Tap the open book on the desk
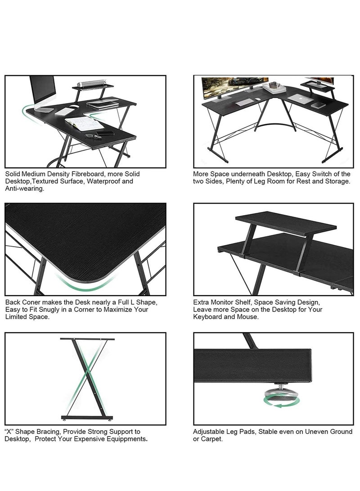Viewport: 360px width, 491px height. pyautogui.click(x=84, y=123)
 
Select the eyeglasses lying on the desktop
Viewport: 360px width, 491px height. pyautogui.click(x=93, y=136)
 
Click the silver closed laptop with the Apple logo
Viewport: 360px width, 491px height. pyautogui.click(x=297, y=98)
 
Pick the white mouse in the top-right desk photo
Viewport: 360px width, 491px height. pyautogui.click(x=257, y=99)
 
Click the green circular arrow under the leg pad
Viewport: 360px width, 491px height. pyautogui.click(x=274, y=405)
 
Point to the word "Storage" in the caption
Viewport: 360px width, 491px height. pyautogui.click(x=337, y=181)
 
